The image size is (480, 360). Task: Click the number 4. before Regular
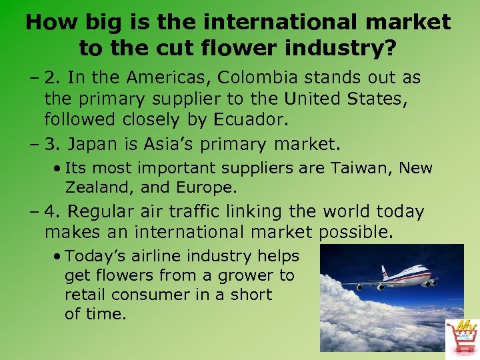pos(52,212)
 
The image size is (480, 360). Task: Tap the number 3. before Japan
pos(52,143)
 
